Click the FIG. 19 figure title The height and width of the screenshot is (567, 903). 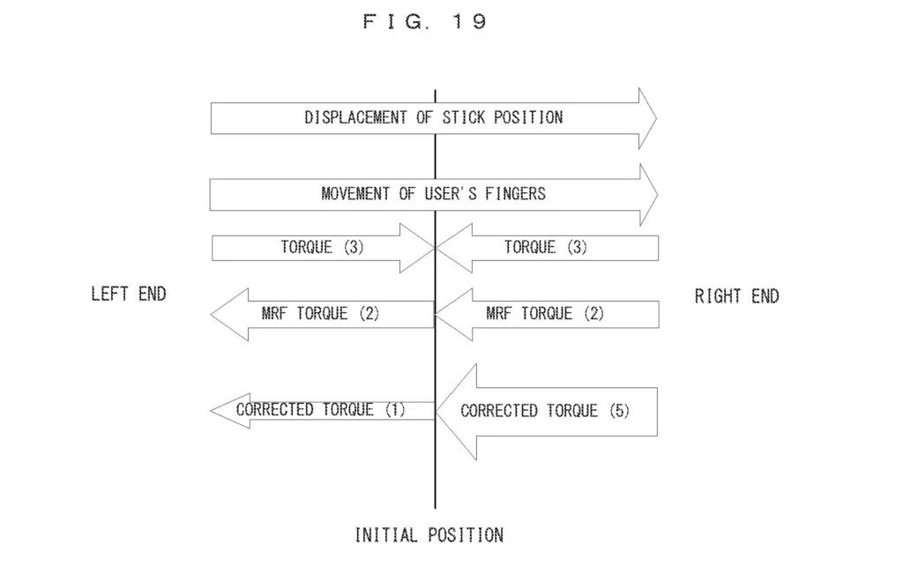[424, 22]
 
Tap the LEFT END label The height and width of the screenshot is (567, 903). [128, 294]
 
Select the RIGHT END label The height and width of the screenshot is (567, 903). [736, 296]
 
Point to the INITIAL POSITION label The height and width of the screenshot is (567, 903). [429, 534]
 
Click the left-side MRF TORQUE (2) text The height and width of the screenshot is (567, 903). [320, 313]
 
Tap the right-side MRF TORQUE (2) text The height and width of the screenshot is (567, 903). [545, 313]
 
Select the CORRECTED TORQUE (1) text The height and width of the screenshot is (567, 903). [320, 409]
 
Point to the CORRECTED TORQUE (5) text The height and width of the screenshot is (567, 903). [545, 411]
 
